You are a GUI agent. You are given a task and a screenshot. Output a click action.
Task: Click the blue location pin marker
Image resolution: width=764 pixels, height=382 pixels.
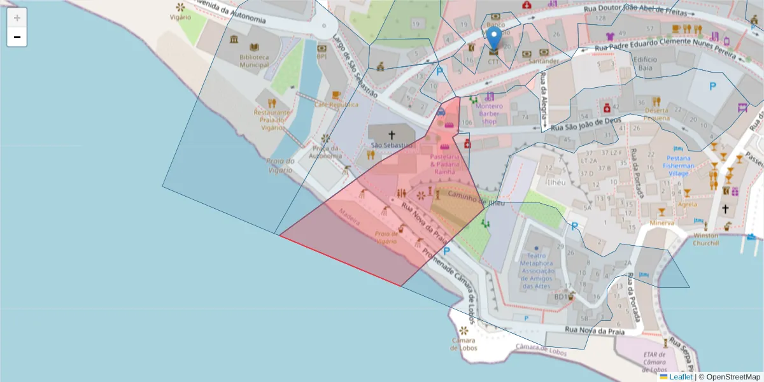point(494,39)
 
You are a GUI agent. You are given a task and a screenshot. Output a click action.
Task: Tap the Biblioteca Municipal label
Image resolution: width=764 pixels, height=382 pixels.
point(254,60)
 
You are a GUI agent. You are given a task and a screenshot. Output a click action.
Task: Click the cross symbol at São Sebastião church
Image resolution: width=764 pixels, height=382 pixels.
point(392,135)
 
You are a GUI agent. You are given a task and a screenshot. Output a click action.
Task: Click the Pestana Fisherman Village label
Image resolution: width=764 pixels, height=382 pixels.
point(684,166)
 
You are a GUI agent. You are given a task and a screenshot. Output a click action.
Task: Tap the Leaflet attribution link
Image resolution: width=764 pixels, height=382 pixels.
point(681,377)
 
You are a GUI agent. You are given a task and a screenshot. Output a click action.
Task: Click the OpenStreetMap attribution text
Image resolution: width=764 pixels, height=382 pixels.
point(730,377)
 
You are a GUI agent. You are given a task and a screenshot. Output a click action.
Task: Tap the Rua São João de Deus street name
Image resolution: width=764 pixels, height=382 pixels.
point(585,125)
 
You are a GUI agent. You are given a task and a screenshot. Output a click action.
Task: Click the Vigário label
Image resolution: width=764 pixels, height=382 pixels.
point(181,17)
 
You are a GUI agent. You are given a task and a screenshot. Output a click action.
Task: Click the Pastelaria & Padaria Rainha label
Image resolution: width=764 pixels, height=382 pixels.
point(444,164)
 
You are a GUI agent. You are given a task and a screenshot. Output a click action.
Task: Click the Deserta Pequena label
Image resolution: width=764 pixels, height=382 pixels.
point(656,113)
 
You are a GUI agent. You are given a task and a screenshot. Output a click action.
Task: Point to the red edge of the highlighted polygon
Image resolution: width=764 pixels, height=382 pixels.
point(340,260)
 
